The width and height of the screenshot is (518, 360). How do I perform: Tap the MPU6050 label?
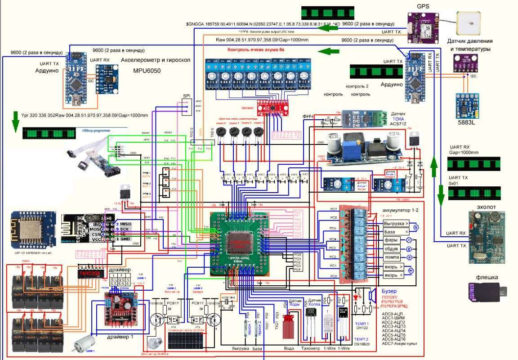[147, 71]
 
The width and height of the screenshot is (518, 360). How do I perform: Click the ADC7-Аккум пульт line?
[399, 344]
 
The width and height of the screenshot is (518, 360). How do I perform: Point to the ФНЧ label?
[308, 117]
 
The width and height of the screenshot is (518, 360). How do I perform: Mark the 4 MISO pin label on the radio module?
[123, 224]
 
